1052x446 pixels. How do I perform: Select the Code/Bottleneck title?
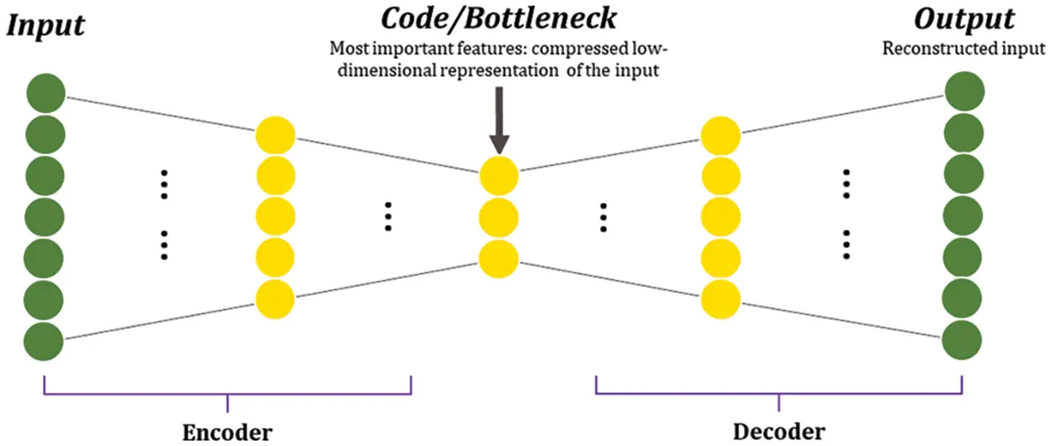pos(497,18)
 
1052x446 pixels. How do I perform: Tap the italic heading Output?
pos(964,19)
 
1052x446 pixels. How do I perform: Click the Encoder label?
pos(227,433)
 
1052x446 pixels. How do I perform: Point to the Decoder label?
pos(778,432)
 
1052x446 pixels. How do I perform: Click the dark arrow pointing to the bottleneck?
pos(498,118)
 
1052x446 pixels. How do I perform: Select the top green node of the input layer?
pos(45,93)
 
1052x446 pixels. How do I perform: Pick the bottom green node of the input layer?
pos(45,342)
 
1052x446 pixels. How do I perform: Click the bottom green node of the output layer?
pos(964,340)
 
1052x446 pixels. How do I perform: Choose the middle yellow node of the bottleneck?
pos(499,217)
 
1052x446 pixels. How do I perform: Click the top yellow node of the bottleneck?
pos(499,177)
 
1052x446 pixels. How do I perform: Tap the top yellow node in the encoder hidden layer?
pos(275,135)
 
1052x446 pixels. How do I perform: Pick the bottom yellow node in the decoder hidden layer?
pos(721,299)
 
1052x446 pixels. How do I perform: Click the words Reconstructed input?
pos(964,49)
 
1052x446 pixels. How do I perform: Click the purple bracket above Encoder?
pos(227,392)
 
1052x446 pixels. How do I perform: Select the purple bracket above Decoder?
pos(778,392)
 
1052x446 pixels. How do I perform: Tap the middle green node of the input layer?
pos(45,217)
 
